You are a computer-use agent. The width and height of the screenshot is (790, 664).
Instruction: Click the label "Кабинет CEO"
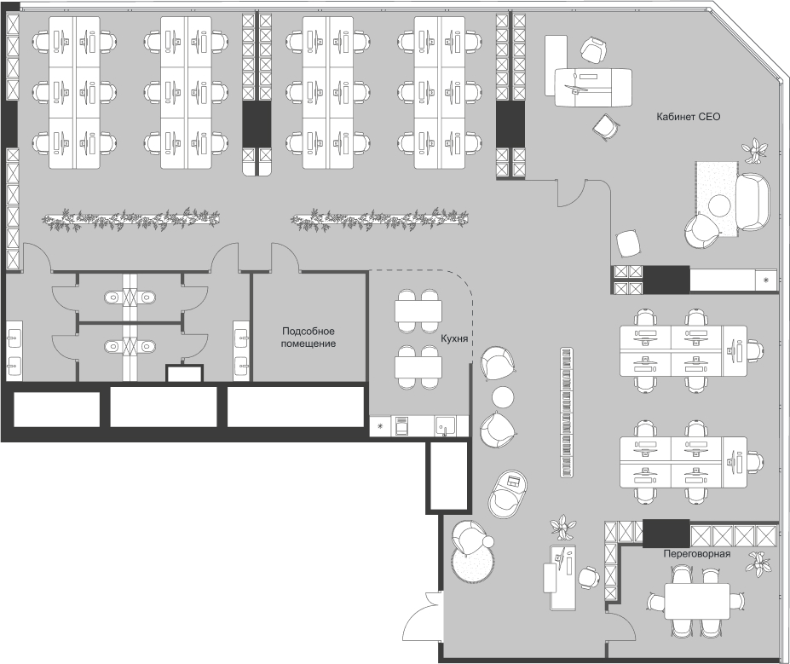(x=689, y=117)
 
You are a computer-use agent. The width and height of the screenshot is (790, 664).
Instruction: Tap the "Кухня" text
(x=454, y=338)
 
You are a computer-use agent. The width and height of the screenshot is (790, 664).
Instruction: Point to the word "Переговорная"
(x=698, y=553)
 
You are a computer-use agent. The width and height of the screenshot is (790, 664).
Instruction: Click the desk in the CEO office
(x=592, y=85)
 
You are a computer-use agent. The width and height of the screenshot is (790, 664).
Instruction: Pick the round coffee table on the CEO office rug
(x=721, y=205)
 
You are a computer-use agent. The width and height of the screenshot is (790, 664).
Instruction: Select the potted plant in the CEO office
(x=754, y=152)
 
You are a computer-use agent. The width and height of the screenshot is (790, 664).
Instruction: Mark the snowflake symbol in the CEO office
(x=765, y=280)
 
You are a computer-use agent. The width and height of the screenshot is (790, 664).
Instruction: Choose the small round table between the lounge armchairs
(x=503, y=396)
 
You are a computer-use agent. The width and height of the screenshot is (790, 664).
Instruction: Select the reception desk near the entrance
(x=560, y=577)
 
